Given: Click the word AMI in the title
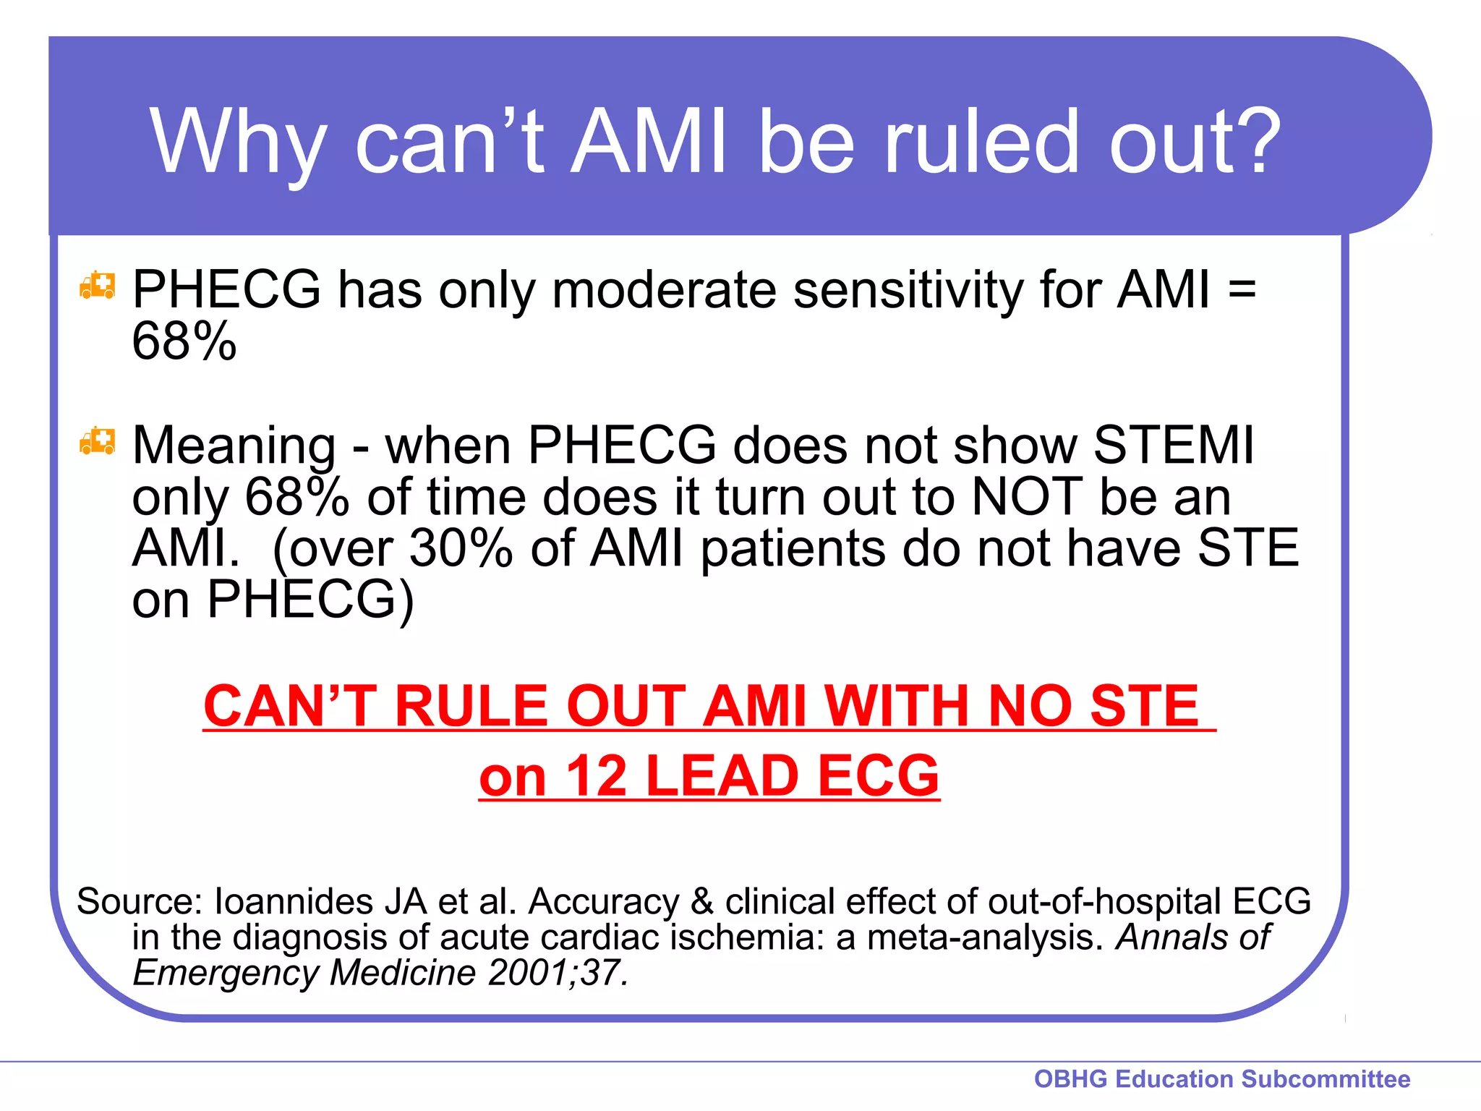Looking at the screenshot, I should click(x=649, y=140).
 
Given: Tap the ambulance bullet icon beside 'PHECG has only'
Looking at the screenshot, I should click(x=97, y=286).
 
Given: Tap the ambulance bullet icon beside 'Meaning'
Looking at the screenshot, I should click(x=97, y=441).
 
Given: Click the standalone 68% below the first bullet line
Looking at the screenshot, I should click(x=184, y=341).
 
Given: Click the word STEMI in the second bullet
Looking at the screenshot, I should click(x=1173, y=444).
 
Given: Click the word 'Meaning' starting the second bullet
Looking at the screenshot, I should click(x=234, y=446).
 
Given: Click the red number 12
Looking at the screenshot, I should click(x=596, y=776).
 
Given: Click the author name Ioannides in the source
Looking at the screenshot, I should click(x=293, y=901).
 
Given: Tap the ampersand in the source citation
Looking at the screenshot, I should click(x=701, y=901).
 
